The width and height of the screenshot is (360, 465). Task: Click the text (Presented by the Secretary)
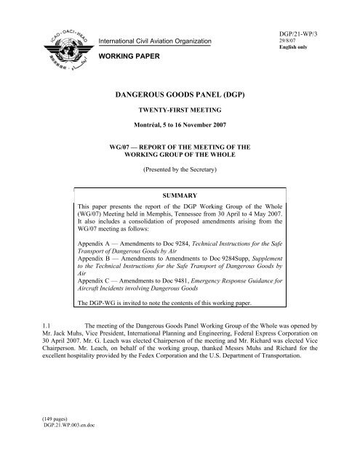coord(180,174)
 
